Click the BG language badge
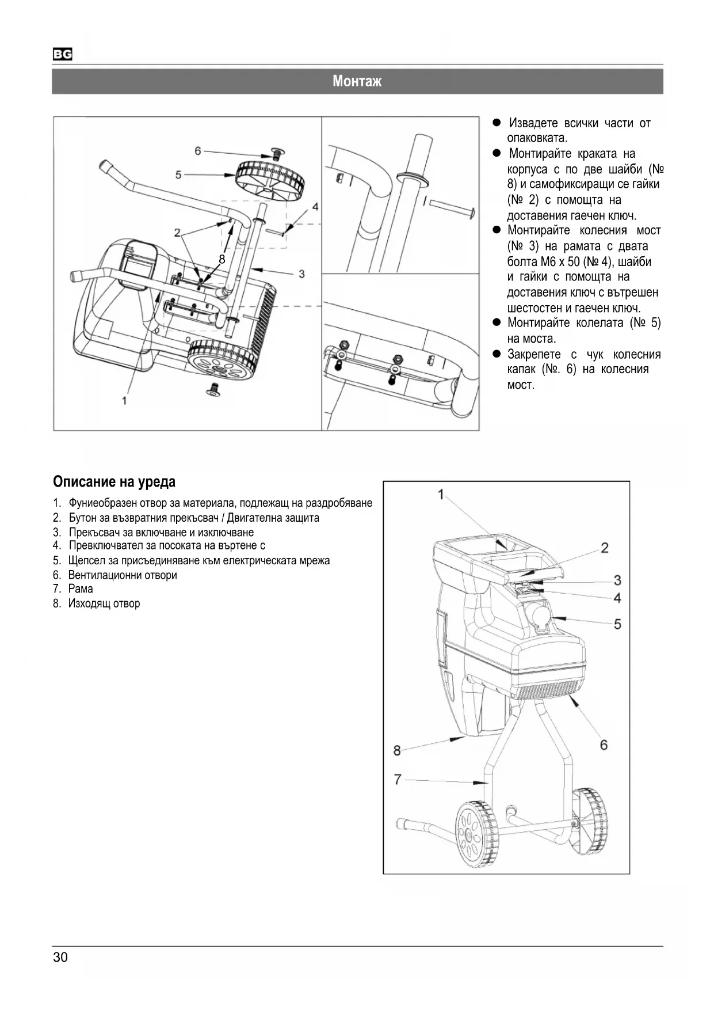(x=63, y=55)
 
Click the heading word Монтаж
(x=357, y=81)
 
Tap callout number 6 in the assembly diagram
(x=198, y=151)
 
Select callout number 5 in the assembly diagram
(x=178, y=174)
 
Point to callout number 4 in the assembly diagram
(x=315, y=206)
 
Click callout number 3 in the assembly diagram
(x=301, y=274)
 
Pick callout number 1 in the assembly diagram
(x=124, y=401)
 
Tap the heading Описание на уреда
(x=114, y=481)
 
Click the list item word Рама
(x=81, y=588)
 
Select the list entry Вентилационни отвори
(x=122, y=575)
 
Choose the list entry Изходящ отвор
(x=104, y=603)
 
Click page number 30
(x=60, y=957)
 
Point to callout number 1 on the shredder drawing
(x=441, y=495)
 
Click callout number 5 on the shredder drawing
(x=617, y=624)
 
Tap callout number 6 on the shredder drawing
(x=604, y=745)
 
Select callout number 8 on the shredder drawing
(x=397, y=750)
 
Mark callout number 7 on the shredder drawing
(x=397, y=779)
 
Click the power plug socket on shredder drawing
(x=541, y=618)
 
